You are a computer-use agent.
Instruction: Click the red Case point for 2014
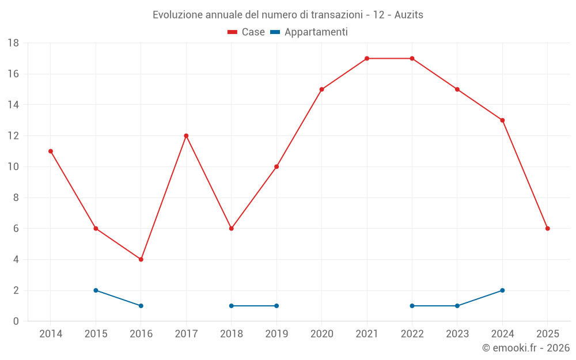[51, 151]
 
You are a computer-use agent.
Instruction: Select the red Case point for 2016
[141, 259]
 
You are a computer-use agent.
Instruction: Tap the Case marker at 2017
[186, 136]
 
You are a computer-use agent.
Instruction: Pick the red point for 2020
[321, 89]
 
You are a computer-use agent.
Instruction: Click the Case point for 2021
[367, 58]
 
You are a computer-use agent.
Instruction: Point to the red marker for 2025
[547, 229]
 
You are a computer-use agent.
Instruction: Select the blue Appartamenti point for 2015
[96, 290]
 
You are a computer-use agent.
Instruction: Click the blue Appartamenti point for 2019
[276, 306]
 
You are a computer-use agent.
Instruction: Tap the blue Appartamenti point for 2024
[502, 290]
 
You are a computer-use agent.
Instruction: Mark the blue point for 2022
[412, 306]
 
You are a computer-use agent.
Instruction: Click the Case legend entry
[247, 32]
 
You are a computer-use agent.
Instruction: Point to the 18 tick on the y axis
[13, 43]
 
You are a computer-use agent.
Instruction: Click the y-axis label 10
[13, 167]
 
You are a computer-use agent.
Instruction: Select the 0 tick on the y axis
[16, 321]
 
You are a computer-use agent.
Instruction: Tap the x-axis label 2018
[232, 334]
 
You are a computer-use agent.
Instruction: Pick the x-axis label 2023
[457, 334]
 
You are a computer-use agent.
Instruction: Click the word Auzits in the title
[408, 15]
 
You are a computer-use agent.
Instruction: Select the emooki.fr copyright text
[525, 348]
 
